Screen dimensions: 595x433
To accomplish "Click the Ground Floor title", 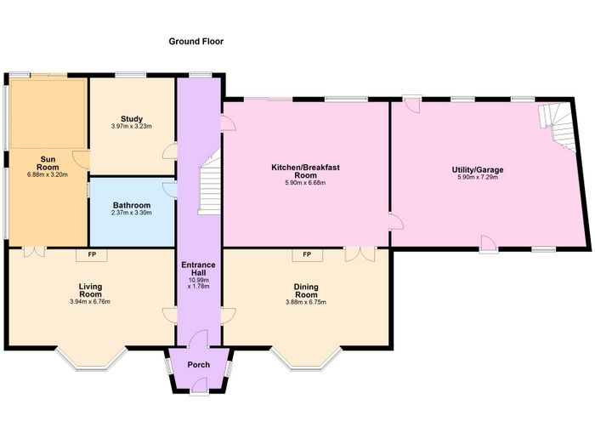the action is click(195, 42).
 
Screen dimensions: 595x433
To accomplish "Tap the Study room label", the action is click(132, 119).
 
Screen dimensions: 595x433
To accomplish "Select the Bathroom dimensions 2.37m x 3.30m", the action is click(132, 213).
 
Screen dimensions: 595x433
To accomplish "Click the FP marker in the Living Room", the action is click(92, 254).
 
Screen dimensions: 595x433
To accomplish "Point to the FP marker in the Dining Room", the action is click(307, 254).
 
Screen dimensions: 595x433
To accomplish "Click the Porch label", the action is click(198, 365).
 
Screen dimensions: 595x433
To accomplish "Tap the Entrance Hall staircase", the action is click(209, 182).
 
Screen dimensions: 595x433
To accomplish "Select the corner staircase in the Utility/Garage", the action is click(557, 127).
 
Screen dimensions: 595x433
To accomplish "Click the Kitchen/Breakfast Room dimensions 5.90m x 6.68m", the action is click(306, 183).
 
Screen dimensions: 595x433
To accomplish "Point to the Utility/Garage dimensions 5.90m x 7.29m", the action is click(478, 177).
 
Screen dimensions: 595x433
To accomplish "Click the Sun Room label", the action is click(48, 163).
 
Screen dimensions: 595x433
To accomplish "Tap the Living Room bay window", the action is click(92, 359).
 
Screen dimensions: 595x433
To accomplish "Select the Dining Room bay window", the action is click(307, 359).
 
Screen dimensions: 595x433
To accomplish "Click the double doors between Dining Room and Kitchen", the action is click(360, 254).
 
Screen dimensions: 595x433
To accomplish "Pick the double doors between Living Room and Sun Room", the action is click(34, 252).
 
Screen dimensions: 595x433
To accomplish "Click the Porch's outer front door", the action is click(199, 387).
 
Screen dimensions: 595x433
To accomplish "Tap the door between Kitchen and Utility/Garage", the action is click(395, 221).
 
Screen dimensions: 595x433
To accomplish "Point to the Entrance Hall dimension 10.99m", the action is click(198, 281).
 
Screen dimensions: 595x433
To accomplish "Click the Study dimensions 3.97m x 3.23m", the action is click(132, 126).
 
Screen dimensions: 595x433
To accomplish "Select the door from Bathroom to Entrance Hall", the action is click(170, 190).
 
